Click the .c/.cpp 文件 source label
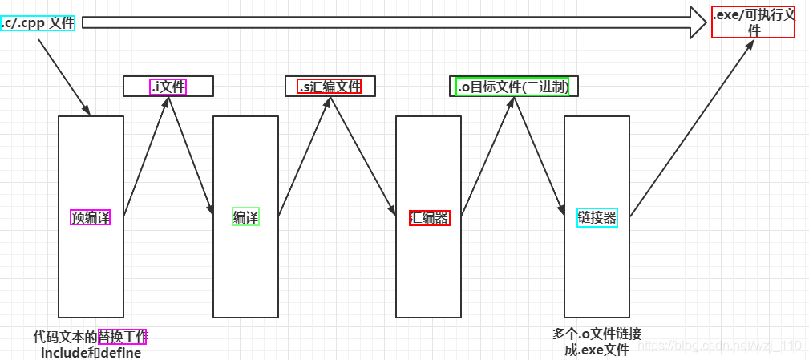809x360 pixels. tap(38, 22)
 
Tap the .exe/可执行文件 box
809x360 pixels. tap(753, 22)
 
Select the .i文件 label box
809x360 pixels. tap(168, 86)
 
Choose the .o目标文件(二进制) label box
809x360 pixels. tap(513, 86)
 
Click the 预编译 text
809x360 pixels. tap(91, 216)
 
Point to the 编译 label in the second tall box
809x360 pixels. tap(245, 216)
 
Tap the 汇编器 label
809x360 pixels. tap(429, 216)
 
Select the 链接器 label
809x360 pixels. tap(597, 216)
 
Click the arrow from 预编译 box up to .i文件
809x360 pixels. tap(146, 156)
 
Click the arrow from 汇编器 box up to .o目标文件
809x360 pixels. tap(487, 156)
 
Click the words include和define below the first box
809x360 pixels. tap(91, 353)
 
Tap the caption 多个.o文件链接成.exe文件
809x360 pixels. tap(597, 342)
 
